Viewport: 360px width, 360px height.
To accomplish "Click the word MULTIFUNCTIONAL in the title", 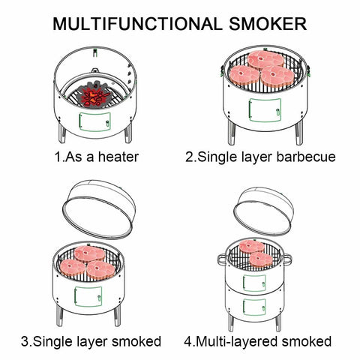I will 127,22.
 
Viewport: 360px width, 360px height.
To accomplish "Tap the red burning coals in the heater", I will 96,94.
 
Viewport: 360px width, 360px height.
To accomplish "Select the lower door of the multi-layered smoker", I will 254,307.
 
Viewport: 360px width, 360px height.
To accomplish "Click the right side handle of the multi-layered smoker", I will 288,259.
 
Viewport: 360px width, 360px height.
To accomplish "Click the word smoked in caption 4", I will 308,341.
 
